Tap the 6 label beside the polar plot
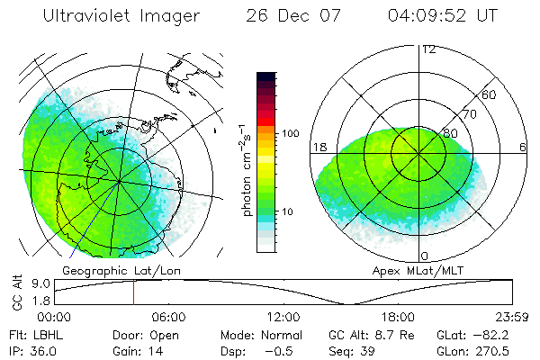[x=523, y=147]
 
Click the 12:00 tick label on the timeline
[x=283, y=317]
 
